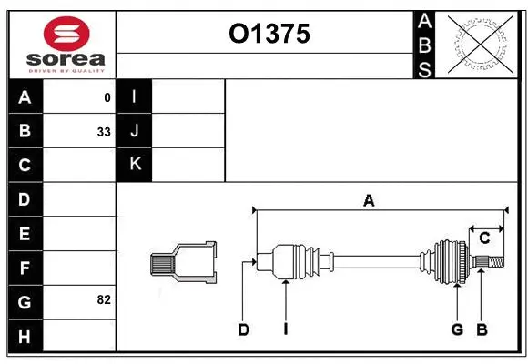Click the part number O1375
tap(269, 34)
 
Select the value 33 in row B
tap(103, 132)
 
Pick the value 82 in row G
tap(103, 299)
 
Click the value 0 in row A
tap(107, 97)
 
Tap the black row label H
tap(25, 336)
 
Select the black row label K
tap(135, 164)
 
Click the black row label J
tap(135, 130)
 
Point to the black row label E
tap(25, 233)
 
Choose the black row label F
tap(25, 268)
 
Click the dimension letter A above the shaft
tap(369, 201)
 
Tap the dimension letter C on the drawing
tap(484, 238)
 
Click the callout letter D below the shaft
tap(243, 329)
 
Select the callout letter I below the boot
tap(285, 329)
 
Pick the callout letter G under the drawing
tap(457, 329)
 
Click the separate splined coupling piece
tap(183, 263)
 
